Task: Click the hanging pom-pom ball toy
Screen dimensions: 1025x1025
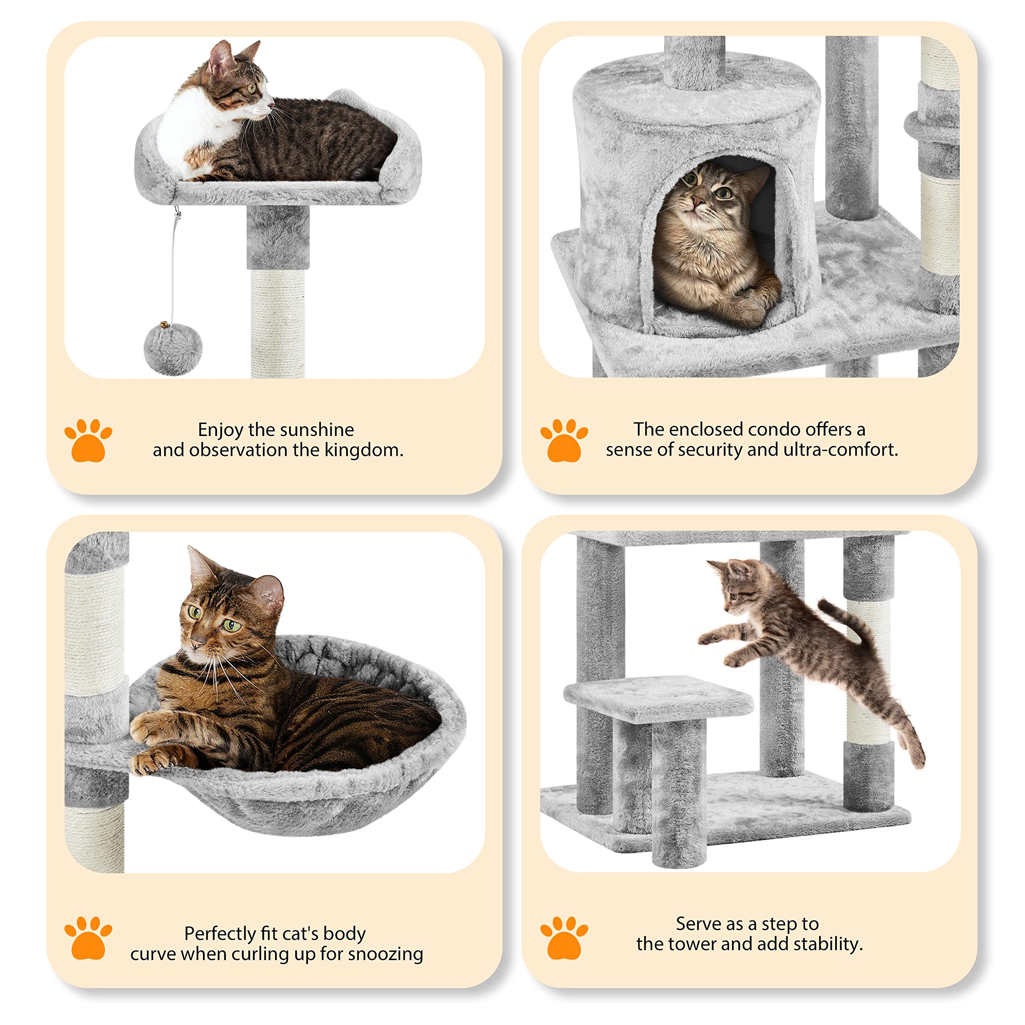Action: point(173,349)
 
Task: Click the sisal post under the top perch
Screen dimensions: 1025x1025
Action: point(278,324)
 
